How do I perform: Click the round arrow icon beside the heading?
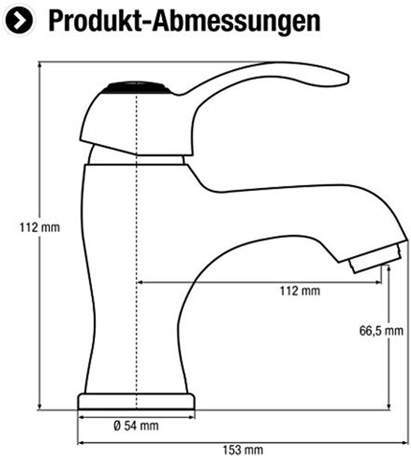(19, 20)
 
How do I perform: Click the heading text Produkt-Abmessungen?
(185, 20)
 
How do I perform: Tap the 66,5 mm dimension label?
(381, 331)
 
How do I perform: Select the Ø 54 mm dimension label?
(136, 425)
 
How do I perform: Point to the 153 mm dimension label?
(243, 449)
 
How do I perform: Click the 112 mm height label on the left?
(40, 227)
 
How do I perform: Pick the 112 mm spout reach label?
(300, 290)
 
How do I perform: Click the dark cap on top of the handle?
(136, 87)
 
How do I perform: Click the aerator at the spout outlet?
(375, 258)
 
